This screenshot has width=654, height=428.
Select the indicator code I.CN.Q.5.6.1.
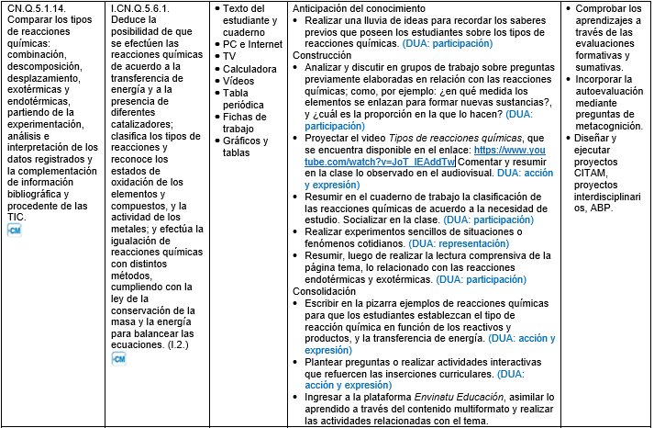point(140,8)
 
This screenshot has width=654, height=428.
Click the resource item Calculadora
point(249,69)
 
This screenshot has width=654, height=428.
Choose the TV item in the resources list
point(229,56)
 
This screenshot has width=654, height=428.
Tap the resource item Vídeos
point(239,81)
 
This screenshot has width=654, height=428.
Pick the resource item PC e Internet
point(253,44)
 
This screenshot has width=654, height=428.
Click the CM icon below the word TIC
point(14,230)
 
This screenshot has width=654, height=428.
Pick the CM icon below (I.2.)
point(119,358)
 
